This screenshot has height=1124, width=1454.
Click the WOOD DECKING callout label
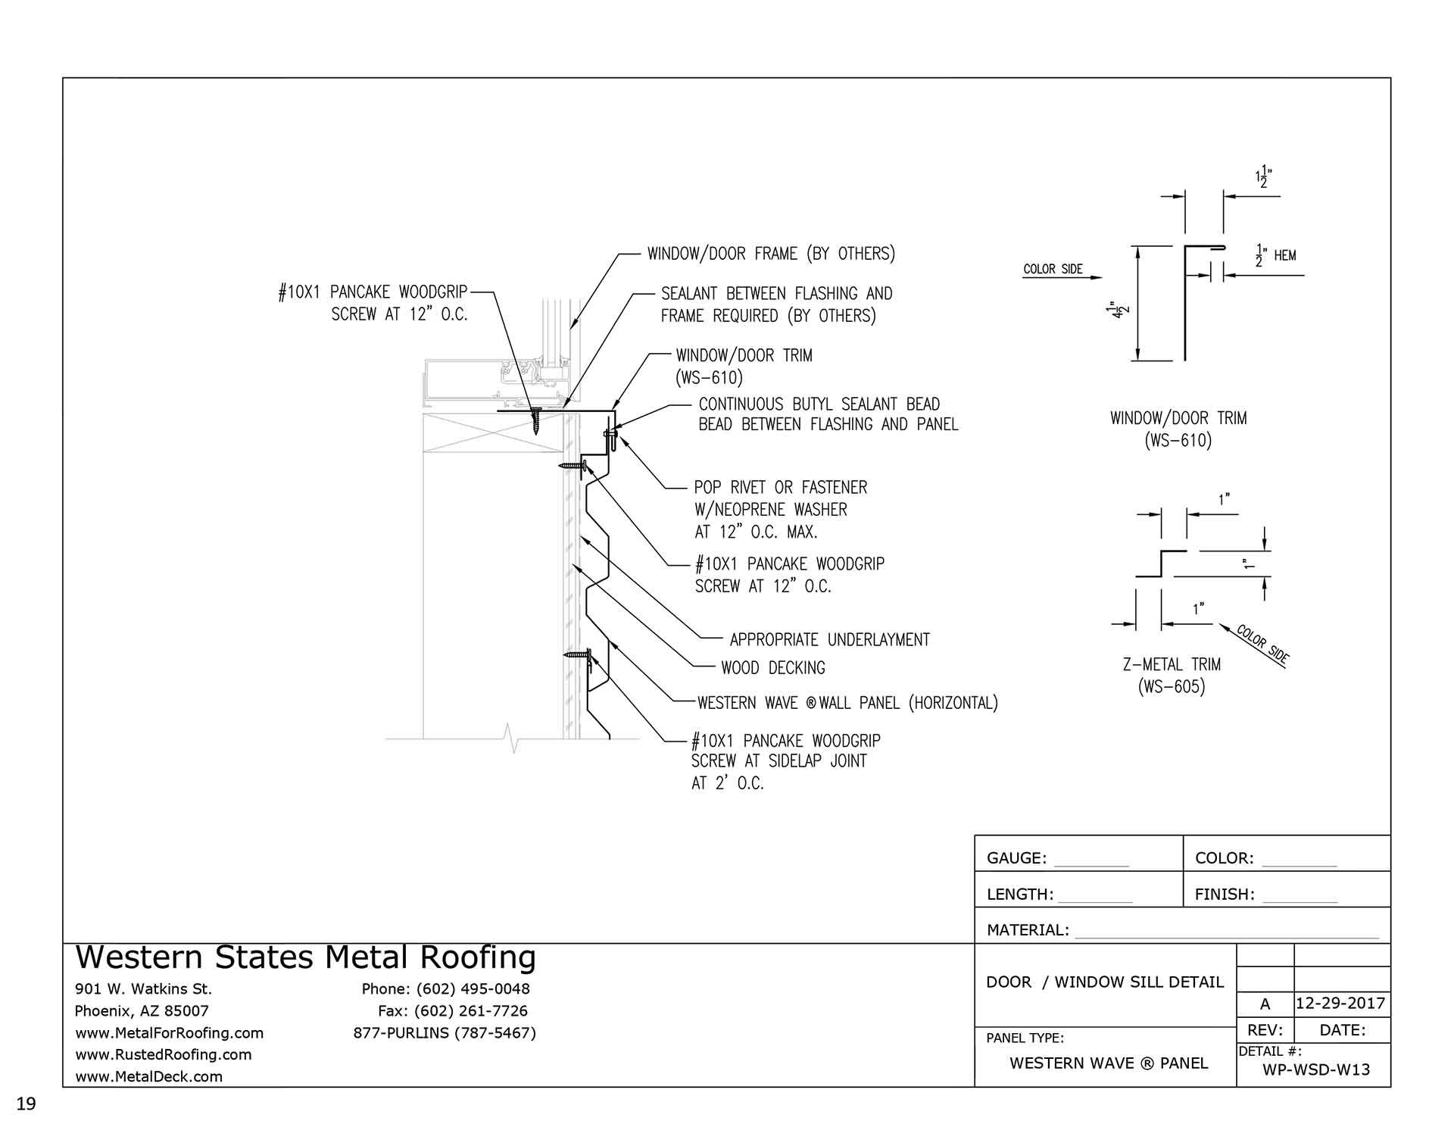tap(772, 668)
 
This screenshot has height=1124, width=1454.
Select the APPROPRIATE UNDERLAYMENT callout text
tap(829, 640)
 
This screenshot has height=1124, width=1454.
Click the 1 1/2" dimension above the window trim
tap(1263, 177)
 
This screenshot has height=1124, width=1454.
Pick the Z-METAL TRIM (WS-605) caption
tap(1172, 676)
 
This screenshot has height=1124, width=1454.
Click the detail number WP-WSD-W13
tap(1316, 1069)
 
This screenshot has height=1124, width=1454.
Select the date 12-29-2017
tap(1340, 1004)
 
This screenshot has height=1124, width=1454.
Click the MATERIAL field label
tap(1028, 930)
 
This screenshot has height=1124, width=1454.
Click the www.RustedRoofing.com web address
tap(164, 1054)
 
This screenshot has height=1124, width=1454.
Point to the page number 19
tap(26, 1104)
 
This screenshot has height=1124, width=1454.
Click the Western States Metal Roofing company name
tap(306, 958)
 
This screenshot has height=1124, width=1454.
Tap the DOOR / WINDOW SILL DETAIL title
tap(1105, 982)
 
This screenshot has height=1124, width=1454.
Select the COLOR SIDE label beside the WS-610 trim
tap(1053, 270)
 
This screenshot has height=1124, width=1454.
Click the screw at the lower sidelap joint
tap(579, 654)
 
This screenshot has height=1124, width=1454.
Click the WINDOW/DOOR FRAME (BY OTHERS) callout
tap(770, 254)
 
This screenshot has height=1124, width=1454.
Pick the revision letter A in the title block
tap(1265, 1004)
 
